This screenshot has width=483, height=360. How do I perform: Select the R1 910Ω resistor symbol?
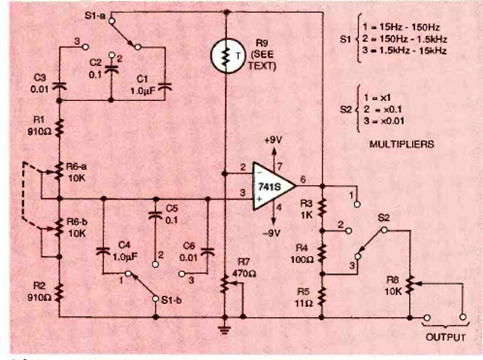click(59, 128)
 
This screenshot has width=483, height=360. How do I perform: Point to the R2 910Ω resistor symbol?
click(59, 291)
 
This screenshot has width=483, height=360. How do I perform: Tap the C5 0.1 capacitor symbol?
click(154, 215)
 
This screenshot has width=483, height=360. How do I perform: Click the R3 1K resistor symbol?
click(322, 207)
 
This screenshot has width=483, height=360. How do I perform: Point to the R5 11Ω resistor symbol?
click(322, 297)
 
